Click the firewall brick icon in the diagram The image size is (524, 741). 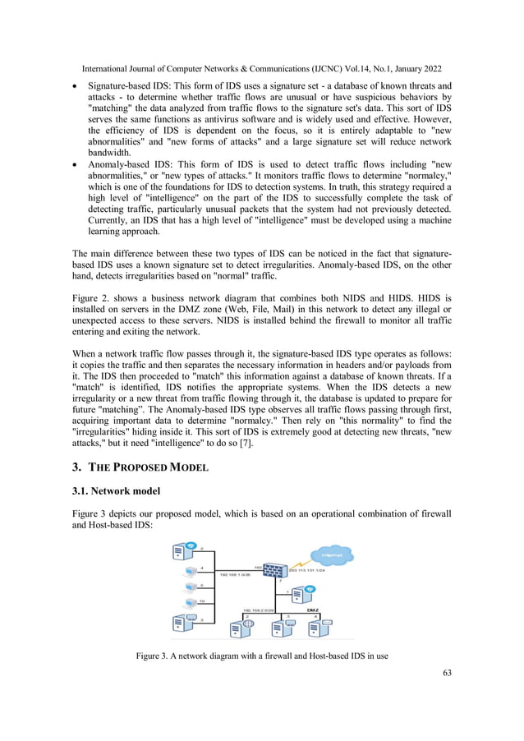[x=277, y=567]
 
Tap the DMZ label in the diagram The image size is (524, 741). [x=313, y=610]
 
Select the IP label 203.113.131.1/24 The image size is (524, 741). [x=311, y=570]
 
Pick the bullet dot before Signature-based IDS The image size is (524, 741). [x=76, y=86]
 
